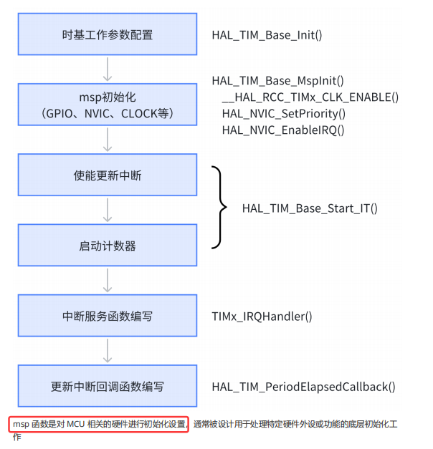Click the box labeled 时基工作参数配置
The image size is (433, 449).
tap(108, 34)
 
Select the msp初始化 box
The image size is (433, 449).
tap(108, 105)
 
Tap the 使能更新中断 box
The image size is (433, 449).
tap(108, 175)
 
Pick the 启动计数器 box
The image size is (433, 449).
tap(108, 246)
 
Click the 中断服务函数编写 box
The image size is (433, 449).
tap(108, 316)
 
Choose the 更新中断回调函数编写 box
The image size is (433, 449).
tap(108, 387)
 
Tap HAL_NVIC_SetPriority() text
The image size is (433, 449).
tap(284, 114)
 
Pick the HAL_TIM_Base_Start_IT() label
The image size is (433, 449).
tap(310, 208)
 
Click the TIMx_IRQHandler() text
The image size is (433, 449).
tap(262, 316)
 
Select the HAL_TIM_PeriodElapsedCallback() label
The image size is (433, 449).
tap(303, 387)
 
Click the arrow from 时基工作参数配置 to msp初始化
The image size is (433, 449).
tap(108, 69)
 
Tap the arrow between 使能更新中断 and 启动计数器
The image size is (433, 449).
tap(108, 211)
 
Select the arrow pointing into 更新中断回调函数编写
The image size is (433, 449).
tap(108, 351)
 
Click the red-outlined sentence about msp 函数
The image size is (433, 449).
tap(99, 425)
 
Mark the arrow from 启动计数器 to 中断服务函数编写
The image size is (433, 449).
tap(108, 281)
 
